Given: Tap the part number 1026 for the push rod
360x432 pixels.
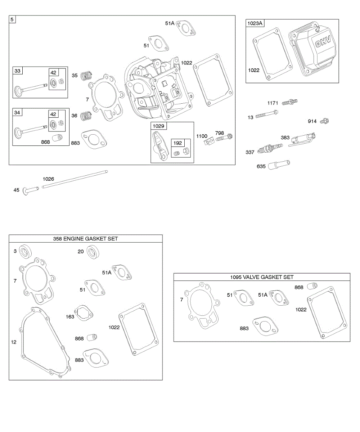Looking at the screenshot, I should tap(48, 179).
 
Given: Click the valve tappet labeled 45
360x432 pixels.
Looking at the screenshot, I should tap(30, 190).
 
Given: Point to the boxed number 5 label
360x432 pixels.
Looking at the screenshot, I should tap(12, 19).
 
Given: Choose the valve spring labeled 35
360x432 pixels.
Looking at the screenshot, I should tap(85, 75).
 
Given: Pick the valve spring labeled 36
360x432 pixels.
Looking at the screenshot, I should tap(85, 115).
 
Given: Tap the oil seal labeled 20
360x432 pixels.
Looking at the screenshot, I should tap(93, 251).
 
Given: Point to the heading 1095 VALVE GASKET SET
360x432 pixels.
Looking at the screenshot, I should tap(262, 277).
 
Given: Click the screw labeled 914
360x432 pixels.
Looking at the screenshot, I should tap(324, 121).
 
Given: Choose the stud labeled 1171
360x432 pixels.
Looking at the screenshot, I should tap(290, 103).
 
